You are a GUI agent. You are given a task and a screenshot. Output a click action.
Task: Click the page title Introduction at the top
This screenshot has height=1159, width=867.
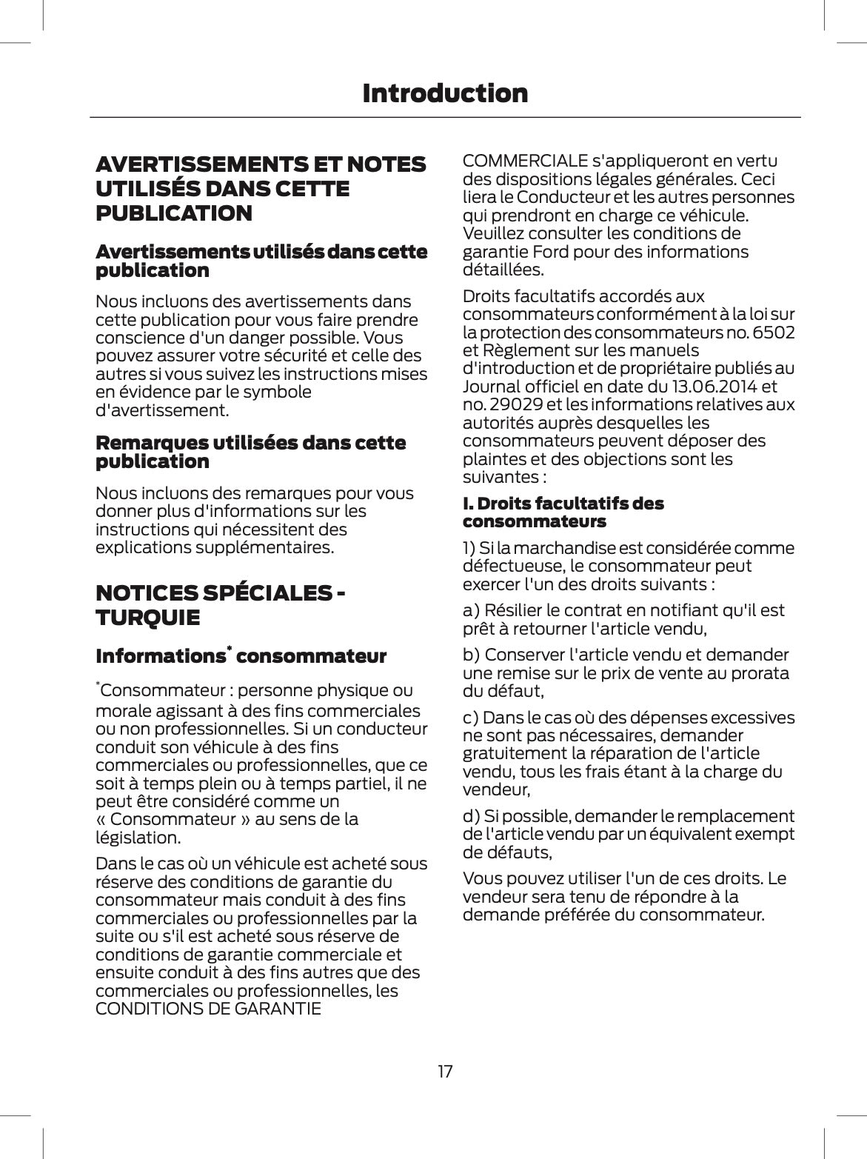coord(445,93)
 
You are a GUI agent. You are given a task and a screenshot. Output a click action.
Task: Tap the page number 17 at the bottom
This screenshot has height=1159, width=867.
coord(445,1071)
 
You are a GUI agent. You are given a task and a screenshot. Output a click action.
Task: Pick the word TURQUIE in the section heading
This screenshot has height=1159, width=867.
coord(147,618)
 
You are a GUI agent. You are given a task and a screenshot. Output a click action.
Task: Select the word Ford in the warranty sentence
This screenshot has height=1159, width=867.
coord(543,252)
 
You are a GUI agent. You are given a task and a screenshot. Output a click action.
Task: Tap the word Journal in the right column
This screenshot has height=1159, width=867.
coord(492,386)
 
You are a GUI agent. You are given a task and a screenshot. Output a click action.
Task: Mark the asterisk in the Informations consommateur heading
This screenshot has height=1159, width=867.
coord(230,649)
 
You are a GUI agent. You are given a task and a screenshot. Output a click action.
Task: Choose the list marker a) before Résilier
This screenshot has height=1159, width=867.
coord(472,610)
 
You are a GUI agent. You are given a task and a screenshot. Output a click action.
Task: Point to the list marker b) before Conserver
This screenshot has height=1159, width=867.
coord(472,655)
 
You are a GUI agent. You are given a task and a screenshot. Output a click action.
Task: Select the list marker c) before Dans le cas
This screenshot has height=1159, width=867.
coord(471,718)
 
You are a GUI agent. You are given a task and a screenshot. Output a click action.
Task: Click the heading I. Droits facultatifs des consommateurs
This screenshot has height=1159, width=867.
coord(563,512)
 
